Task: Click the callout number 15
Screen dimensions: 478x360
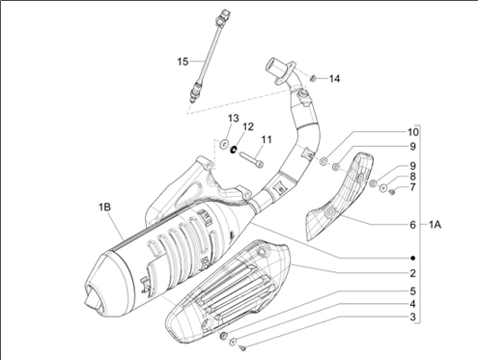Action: point(183,61)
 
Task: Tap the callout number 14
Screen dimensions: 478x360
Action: point(334,78)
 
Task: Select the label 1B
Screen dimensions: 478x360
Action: point(104,207)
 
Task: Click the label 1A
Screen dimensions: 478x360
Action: point(435,225)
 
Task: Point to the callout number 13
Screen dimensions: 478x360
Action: point(234,119)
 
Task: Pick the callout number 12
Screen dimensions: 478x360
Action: point(248,126)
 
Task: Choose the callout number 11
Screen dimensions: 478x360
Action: point(267,140)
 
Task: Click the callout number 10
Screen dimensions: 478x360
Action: point(413,132)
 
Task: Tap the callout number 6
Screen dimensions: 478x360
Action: point(413,225)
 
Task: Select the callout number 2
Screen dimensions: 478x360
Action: point(413,273)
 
